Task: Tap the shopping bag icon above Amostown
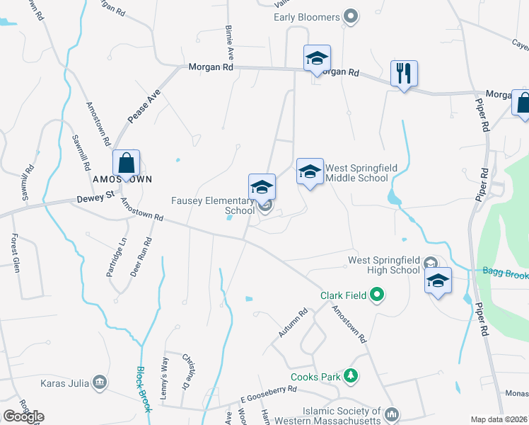click(125, 164)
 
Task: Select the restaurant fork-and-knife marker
click(404, 73)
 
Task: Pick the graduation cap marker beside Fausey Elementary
click(262, 187)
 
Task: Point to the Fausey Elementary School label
click(214, 205)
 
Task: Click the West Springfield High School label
click(384, 265)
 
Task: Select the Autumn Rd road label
click(293, 323)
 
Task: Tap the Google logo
click(23, 416)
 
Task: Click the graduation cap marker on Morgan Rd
click(317, 58)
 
